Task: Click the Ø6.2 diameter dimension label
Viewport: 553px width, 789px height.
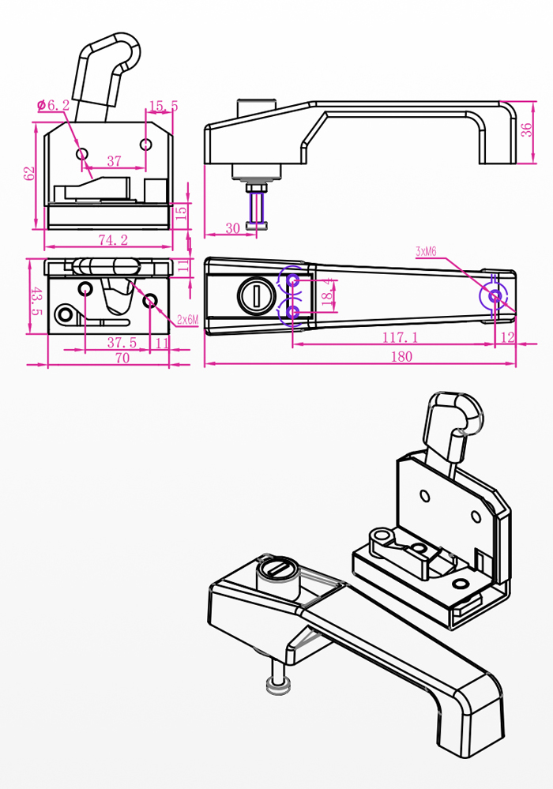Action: coord(54,105)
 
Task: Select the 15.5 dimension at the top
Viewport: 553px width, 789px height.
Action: coord(163,105)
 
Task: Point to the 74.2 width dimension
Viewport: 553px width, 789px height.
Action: coord(113,240)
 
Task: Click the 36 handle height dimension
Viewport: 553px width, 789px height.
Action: coord(526,131)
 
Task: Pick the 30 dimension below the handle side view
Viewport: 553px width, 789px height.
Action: coord(232,227)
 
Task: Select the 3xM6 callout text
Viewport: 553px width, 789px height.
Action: coord(426,251)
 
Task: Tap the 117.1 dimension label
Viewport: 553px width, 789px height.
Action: coord(401,337)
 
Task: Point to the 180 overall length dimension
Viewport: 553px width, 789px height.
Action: coord(401,356)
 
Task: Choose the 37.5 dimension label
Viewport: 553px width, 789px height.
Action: coord(122,343)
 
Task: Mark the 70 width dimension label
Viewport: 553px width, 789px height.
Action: coord(122,357)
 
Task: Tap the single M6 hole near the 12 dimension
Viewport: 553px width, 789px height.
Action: coord(495,296)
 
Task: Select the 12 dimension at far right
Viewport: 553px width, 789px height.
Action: coord(507,337)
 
